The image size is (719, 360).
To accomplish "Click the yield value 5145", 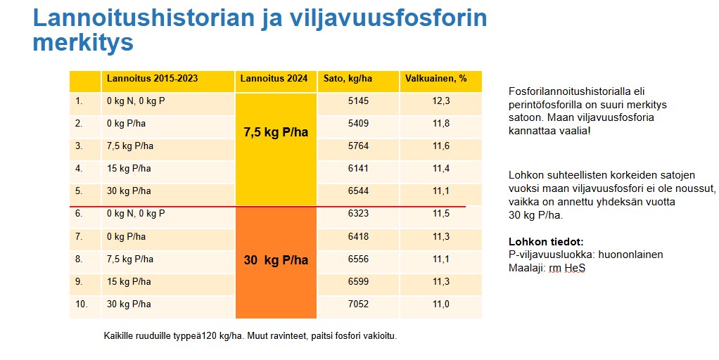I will click(358, 101).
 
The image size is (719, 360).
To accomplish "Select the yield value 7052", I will click(358, 304).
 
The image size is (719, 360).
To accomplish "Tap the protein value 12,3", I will click(441, 101).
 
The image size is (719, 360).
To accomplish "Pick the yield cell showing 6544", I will click(358, 191).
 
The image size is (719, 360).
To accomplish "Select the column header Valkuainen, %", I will click(436, 79).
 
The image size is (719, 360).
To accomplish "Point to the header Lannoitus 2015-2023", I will click(152, 79).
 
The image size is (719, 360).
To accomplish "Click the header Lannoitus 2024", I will click(274, 79).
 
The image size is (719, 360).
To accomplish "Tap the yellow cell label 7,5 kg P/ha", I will click(276, 131).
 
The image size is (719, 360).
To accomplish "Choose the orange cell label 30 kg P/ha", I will click(276, 260).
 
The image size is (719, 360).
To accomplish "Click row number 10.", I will click(82, 304).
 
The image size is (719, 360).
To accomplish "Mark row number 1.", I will click(79, 101).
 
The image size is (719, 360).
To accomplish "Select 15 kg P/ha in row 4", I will click(129, 169).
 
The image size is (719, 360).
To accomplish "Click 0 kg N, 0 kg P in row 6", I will click(136, 214).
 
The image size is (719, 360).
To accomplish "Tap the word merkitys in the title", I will click(83, 43).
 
